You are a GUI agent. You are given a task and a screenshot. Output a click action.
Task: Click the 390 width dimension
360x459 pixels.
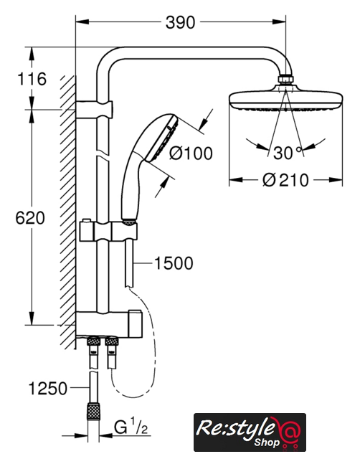pos(180,22)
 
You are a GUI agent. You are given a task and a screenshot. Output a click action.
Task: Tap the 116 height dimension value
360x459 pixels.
pos(32,79)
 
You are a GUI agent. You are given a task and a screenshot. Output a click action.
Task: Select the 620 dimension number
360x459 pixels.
pos(30,218)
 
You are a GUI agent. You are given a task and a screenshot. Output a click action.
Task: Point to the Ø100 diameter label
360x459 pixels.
pos(191,153)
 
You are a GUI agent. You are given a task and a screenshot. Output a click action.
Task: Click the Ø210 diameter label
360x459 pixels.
pos(285,180)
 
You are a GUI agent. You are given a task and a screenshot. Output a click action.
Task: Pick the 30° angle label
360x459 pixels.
pos(288,153)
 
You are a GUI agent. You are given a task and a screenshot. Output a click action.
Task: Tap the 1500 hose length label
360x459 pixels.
pos(174,263)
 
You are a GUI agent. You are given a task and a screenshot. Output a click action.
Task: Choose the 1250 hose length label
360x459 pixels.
pos(48,389)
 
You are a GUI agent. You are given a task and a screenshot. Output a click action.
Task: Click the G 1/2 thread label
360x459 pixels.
pos(131,427)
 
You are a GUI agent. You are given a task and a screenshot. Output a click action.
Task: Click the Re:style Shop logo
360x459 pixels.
pos(250,432)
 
